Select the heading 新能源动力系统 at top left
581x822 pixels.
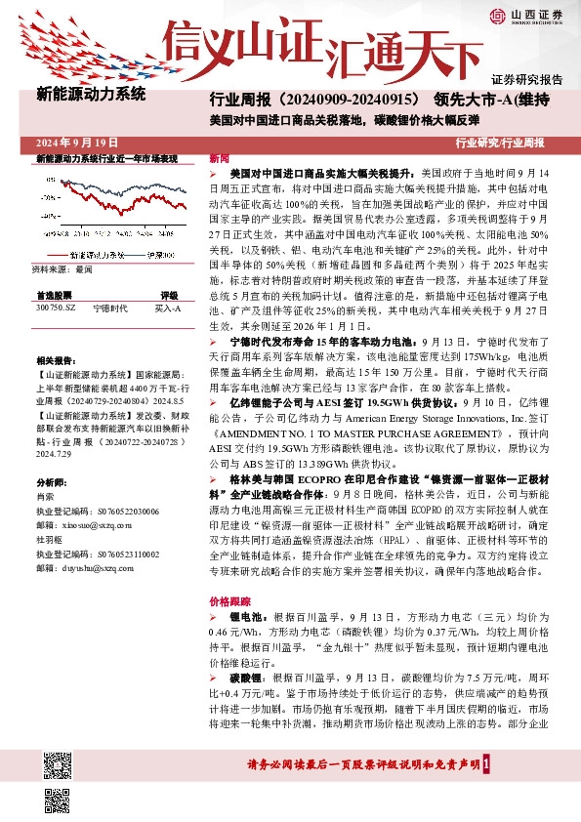click(90, 96)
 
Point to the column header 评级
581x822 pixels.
click(169, 294)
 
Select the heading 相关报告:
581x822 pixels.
click(57, 360)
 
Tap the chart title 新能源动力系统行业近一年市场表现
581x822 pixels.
click(105, 157)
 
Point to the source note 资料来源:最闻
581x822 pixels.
click(62, 267)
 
